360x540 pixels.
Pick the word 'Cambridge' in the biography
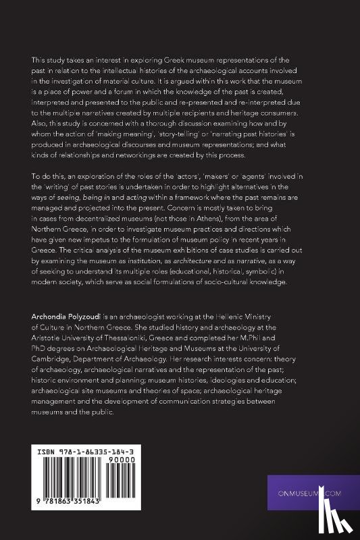[x=56, y=362]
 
